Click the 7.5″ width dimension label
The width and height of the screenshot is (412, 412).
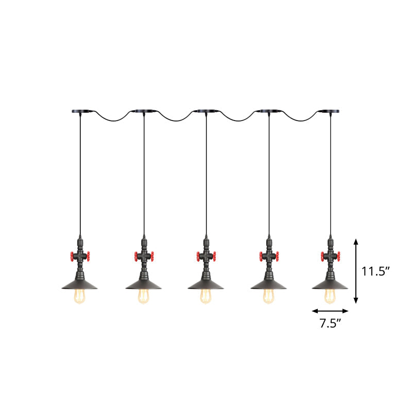click(330, 323)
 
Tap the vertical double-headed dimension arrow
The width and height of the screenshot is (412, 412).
click(356, 271)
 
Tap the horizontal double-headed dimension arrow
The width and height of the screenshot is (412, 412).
click(330, 311)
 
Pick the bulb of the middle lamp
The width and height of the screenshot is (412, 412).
click(207, 295)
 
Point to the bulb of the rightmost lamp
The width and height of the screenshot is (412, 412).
click(330, 295)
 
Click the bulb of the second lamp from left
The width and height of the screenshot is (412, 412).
click(144, 295)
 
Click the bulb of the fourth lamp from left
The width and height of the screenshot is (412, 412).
click(269, 295)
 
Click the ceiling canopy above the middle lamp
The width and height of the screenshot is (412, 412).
click(207, 110)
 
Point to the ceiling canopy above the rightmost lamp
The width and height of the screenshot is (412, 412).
click(330, 110)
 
